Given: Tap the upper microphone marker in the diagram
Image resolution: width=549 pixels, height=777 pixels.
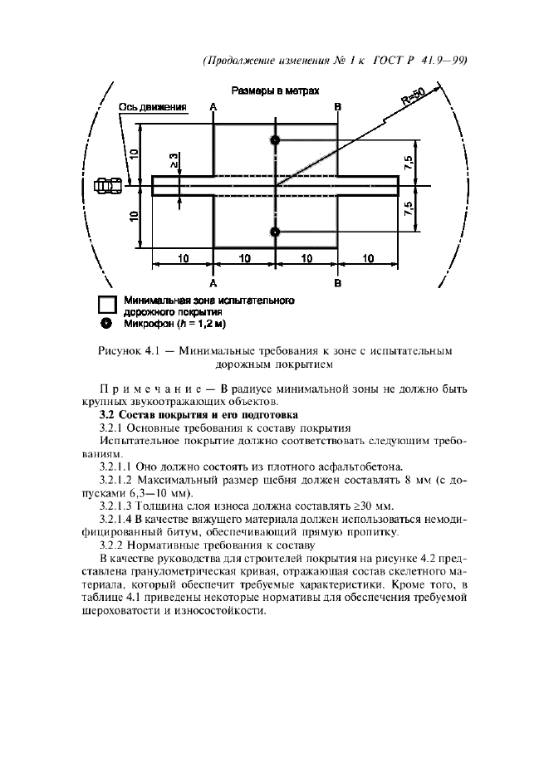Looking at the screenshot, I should (x=276, y=139).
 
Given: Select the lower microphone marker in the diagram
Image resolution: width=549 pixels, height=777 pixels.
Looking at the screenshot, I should (x=276, y=231).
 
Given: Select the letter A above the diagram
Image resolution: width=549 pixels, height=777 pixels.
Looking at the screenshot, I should (x=213, y=107).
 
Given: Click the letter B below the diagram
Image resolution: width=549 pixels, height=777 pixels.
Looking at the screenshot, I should (x=338, y=284).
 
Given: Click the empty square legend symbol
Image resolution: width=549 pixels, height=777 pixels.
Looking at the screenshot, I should (x=106, y=305).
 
